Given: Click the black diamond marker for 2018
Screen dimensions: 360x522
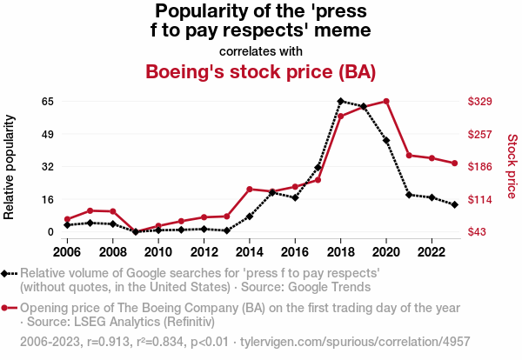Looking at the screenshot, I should click(340, 102).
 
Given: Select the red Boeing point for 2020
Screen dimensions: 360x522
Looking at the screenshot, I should click(386, 102).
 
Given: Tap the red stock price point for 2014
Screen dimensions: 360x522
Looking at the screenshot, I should click(250, 189).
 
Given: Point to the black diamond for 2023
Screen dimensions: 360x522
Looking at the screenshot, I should click(454, 204).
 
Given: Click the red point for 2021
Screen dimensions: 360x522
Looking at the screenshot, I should click(409, 156).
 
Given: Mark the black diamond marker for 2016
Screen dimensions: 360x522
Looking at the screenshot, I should click(295, 197).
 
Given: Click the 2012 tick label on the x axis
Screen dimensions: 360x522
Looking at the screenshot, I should click(204, 252).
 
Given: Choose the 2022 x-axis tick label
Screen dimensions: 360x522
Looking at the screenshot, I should click(431, 252).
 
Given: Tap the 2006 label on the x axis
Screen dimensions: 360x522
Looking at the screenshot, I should click(67, 252).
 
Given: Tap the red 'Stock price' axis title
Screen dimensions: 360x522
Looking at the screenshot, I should click(512, 166).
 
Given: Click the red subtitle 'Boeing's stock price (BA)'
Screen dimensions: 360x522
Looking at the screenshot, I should click(260, 71).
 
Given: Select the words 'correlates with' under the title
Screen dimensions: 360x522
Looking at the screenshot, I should click(260, 50).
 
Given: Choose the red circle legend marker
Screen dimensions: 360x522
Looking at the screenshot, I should click(10, 309).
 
